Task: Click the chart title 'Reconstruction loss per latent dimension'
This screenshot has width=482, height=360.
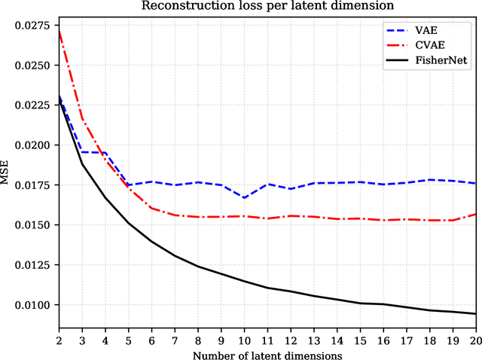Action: pos(267,8)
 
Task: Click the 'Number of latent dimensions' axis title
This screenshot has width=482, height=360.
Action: pos(267,353)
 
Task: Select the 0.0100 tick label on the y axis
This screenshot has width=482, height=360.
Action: pos(33,305)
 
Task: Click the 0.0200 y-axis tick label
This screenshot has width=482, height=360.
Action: pos(33,145)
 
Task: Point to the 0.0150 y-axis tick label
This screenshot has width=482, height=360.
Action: pos(33,225)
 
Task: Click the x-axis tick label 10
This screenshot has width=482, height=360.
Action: pos(244,339)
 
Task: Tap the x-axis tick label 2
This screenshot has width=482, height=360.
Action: pos(59,339)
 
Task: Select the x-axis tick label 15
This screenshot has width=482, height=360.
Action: pos(360,339)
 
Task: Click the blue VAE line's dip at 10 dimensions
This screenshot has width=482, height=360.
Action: pos(244,198)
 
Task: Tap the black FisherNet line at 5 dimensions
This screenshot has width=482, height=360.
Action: pos(128,223)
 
